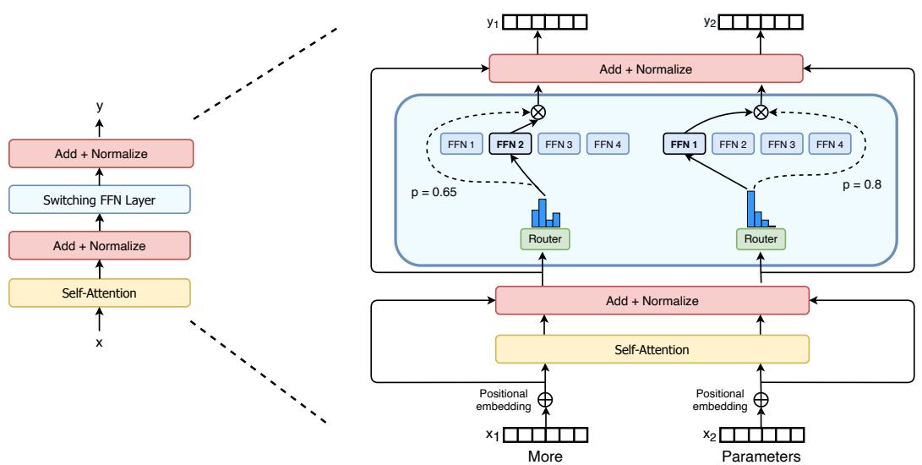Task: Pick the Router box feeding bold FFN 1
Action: [761, 239]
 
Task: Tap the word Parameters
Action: [761, 456]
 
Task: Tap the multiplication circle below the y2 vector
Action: [761, 111]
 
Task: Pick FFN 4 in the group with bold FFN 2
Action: [606, 144]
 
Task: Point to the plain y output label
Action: [100, 107]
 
